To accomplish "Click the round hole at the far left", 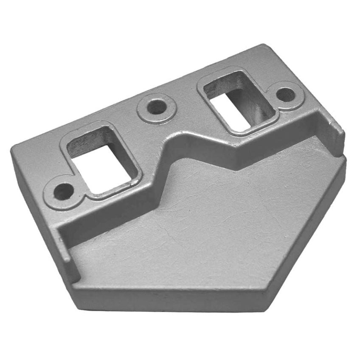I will click(63, 191).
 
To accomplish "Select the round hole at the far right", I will click(286, 94).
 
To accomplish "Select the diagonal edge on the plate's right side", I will click(310, 229).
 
